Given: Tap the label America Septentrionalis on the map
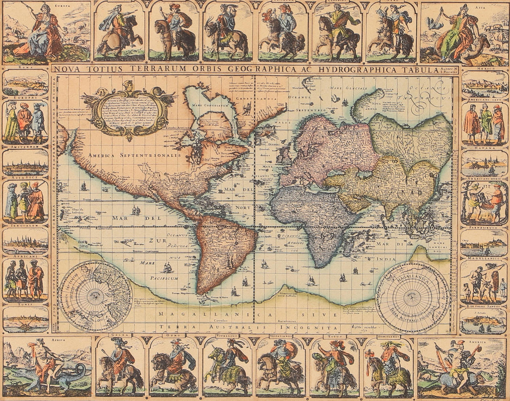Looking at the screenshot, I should (134, 155).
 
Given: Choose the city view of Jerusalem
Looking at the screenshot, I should (26, 242).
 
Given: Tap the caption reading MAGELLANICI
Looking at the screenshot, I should (484, 258).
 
